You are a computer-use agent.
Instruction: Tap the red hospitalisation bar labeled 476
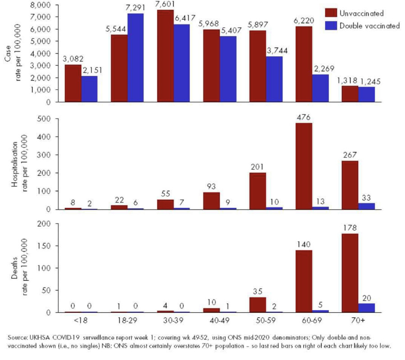304,166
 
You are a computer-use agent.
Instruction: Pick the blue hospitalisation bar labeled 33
367,206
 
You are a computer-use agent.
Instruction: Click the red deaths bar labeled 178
350,273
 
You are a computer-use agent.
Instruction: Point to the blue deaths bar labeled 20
367,308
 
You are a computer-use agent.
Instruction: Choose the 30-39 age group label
173,323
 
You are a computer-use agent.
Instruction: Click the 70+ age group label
358,323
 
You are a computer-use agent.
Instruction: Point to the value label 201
258,167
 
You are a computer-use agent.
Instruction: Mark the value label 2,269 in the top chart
321,69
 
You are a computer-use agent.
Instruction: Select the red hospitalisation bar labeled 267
350,185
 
